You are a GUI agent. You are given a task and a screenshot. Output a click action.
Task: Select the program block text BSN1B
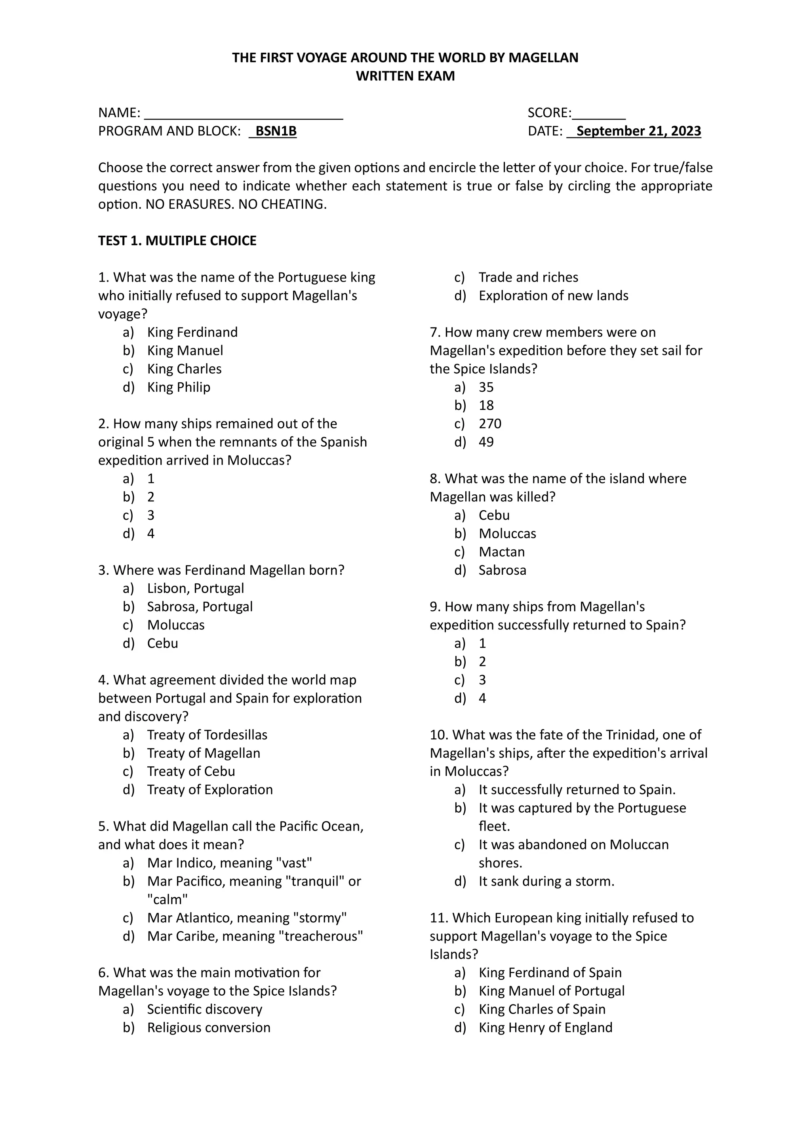point(276,131)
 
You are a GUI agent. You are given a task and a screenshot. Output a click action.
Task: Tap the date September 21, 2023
point(638,131)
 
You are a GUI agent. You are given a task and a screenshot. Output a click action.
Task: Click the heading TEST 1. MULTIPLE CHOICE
point(177,241)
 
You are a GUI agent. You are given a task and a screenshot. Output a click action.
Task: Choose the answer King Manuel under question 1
point(185,351)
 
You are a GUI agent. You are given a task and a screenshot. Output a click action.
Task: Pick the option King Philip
point(178,387)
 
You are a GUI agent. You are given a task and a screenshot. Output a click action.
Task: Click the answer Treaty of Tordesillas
point(207,735)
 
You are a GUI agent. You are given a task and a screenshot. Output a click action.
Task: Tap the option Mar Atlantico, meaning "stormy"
point(247,918)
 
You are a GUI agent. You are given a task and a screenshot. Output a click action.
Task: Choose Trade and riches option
point(528,277)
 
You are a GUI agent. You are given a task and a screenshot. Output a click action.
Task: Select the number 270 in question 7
point(490,424)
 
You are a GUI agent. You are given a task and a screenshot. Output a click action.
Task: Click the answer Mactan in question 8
point(501,552)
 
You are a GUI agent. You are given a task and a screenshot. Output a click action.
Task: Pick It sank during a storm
point(546,881)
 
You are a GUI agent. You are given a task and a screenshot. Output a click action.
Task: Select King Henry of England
point(545,1028)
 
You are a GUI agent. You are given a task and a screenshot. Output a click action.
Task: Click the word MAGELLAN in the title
point(543,58)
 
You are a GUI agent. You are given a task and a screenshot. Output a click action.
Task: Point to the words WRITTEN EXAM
point(405,76)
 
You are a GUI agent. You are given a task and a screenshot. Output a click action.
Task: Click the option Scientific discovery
point(204,1009)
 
